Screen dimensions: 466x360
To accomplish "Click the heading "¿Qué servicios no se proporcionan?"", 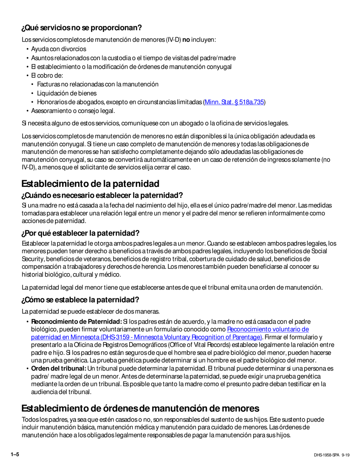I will pyautogui.click(x=81, y=28).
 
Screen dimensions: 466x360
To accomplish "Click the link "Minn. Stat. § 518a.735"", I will pyautogui.click(x=234, y=102).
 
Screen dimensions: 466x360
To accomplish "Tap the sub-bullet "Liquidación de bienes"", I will pyautogui.click(x=67, y=93).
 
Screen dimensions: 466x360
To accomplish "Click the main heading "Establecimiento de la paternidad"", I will pyautogui.click(x=90, y=184).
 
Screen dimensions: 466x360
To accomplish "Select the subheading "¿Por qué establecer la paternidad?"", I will pyautogui.click(x=80, y=233).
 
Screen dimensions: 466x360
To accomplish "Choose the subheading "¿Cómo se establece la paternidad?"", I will pyautogui.click(x=80, y=300).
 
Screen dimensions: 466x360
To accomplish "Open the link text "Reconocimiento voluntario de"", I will pyautogui.click(x=268, y=330).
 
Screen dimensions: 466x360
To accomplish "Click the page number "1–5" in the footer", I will pyautogui.click(x=15, y=454).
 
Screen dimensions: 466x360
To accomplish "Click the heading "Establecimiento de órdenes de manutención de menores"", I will pyautogui.click(x=140, y=408).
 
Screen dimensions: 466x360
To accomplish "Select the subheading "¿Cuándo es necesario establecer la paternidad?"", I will pyautogui.click(x=102, y=195).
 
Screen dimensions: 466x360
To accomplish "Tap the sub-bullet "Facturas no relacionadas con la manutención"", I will pyautogui.click(x=98, y=84).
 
